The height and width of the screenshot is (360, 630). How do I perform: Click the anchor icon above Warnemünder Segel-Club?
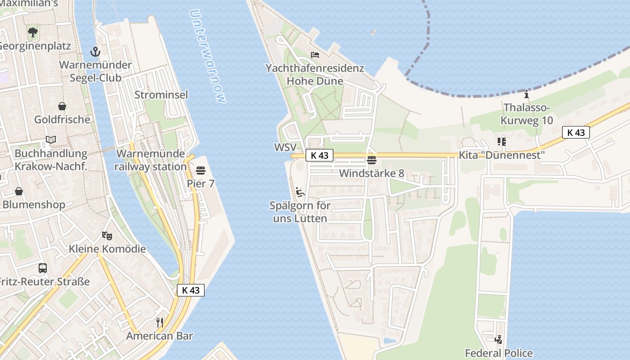pyautogui.click(x=95, y=52)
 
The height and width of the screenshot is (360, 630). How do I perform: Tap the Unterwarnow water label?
pyautogui.click(x=207, y=56)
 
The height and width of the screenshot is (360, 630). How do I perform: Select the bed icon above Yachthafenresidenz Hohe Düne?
pyautogui.click(x=315, y=55)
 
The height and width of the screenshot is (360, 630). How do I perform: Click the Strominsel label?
pyautogui.click(x=161, y=95)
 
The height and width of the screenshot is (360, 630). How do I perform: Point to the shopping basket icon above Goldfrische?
pyautogui.click(x=62, y=106)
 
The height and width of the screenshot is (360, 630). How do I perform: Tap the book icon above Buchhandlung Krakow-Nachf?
pyautogui.click(x=51, y=140)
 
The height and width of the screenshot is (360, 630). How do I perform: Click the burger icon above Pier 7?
pyautogui.click(x=201, y=171)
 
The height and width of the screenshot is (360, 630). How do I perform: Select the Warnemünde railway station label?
pyautogui.click(x=150, y=160)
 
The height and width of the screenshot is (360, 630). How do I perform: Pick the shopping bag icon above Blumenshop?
pyautogui.click(x=19, y=191)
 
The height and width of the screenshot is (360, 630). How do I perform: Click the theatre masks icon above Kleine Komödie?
pyautogui.click(x=107, y=235)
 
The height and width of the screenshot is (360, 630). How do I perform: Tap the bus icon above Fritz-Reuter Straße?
pyautogui.click(x=43, y=268)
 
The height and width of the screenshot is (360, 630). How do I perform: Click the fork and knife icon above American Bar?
pyautogui.click(x=159, y=322)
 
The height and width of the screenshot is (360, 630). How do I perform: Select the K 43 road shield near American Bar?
pyautogui.click(x=191, y=290)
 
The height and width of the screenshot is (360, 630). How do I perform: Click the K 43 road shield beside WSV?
pyautogui.click(x=319, y=156)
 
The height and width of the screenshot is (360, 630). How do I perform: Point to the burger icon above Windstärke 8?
pyautogui.click(x=372, y=160)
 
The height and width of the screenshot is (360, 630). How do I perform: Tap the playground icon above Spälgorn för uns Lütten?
pyautogui.click(x=300, y=192)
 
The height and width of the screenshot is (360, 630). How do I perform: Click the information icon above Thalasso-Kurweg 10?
pyautogui.click(x=526, y=94)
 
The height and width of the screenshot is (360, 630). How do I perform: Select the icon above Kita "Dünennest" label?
pyautogui.click(x=502, y=142)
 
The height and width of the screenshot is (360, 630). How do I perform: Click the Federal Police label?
pyautogui.click(x=499, y=353)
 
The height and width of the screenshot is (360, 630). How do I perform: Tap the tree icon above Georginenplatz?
pyautogui.click(x=32, y=32)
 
